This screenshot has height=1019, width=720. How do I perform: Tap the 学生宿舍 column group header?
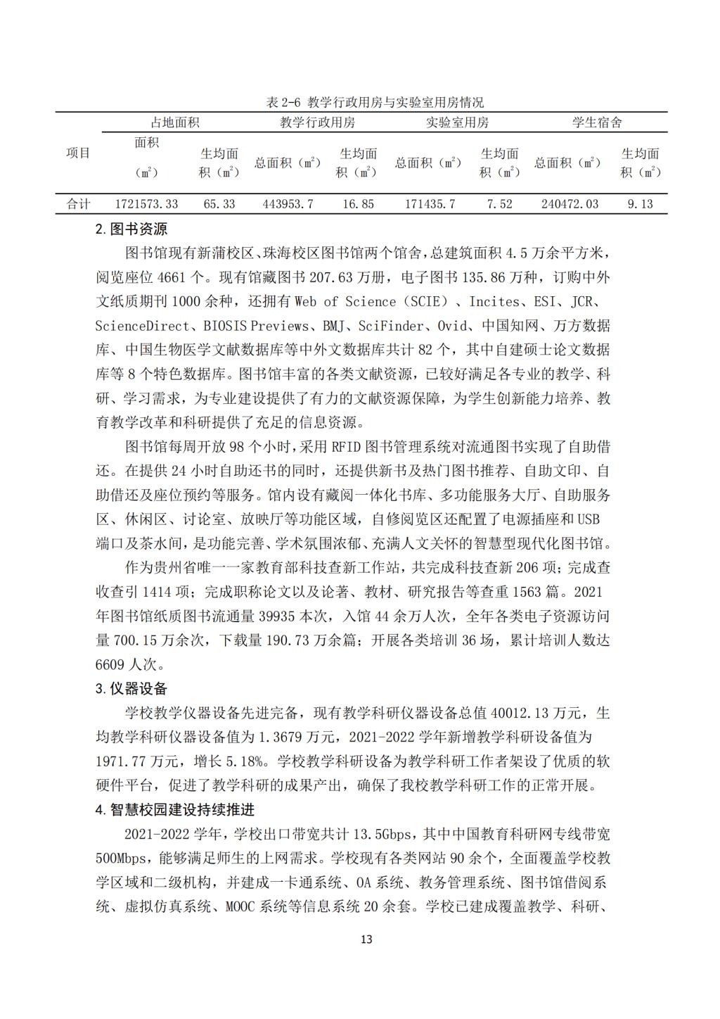click(597, 122)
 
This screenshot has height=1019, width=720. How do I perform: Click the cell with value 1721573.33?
click(146, 204)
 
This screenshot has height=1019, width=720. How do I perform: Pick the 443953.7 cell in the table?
click(288, 204)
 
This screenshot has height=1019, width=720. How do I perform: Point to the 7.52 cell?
click(499, 204)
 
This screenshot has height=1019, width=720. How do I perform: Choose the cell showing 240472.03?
click(570, 204)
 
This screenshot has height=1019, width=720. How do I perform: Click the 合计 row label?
click(79, 204)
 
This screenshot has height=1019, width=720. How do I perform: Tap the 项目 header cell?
click(79, 153)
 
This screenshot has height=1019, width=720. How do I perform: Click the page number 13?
click(366, 939)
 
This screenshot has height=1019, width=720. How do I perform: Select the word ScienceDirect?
click(143, 326)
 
